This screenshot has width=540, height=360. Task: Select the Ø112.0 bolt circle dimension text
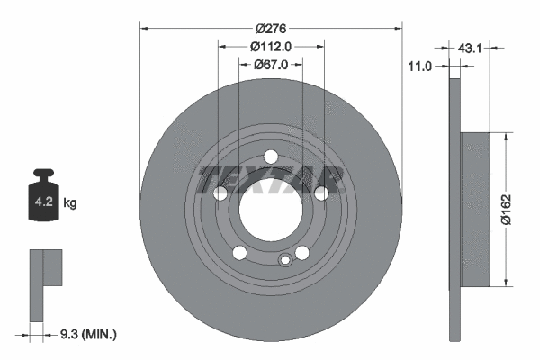[x=271, y=46]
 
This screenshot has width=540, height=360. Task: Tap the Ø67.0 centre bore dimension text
[x=271, y=64]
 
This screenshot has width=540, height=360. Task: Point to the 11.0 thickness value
[x=421, y=66]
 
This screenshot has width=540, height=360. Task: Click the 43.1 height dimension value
[x=471, y=48]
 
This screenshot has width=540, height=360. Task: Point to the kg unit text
[x=70, y=203]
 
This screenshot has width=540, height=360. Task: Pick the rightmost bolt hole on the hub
[x=321, y=193]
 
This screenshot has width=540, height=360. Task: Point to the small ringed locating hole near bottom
[x=285, y=261]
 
